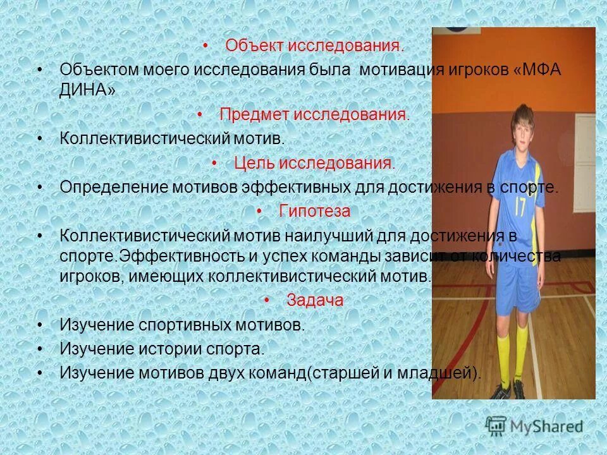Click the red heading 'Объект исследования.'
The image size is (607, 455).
pos(314,46)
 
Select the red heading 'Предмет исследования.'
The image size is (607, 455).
pos(314,114)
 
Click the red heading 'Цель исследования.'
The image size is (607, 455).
pos(314,163)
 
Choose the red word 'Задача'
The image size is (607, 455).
pos(314,300)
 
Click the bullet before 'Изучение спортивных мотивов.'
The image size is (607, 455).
pos(40,325)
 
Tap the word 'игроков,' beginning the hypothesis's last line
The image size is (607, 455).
pos(87,277)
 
